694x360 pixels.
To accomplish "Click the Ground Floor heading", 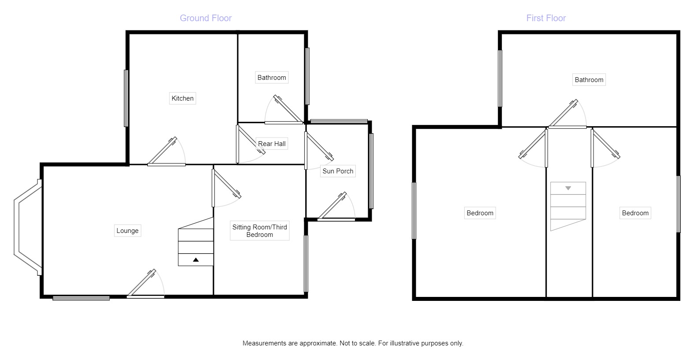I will click(205, 18).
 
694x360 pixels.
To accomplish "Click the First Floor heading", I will click(546, 18).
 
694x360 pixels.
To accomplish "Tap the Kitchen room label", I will click(183, 98).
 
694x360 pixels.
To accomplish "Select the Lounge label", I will click(127, 231).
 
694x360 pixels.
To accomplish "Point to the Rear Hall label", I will click(272, 144).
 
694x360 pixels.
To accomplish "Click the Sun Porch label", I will click(338, 171).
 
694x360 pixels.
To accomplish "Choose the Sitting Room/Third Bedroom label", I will click(260, 231).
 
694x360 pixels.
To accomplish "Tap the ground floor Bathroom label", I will click(272, 78).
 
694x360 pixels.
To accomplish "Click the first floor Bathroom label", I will click(589, 80).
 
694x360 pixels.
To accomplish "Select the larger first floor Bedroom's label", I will click(480, 213).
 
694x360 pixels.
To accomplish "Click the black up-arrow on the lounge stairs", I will click(196, 260).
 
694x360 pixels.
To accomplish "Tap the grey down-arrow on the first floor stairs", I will click(568, 188).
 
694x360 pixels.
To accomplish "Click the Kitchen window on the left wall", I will click(126, 98).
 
